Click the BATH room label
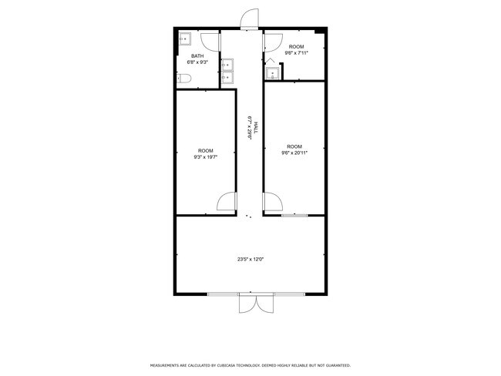click(x=197, y=56)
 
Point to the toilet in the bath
click(x=183, y=79)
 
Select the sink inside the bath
click(x=185, y=39)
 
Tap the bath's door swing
click(x=210, y=42)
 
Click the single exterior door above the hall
click(x=249, y=19)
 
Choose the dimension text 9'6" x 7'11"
click(x=296, y=53)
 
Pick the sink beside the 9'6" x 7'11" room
click(x=273, y=73)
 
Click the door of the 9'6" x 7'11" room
click(x=273, y=42)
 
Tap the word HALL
click(x=255, y=128)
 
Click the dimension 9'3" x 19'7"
click(x=206, y=157)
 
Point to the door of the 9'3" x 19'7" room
click(x=227, y=201)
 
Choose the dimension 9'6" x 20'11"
click(x=294, y=153)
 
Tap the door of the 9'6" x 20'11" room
click(x=273, y=202)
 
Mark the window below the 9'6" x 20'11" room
click(x=294, y=216)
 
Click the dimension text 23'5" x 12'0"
click(x=250, y=260)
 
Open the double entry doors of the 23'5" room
click(x=256, y=303)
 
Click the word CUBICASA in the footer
click(x=226, y=365)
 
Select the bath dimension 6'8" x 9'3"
click(x=197, y=62)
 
